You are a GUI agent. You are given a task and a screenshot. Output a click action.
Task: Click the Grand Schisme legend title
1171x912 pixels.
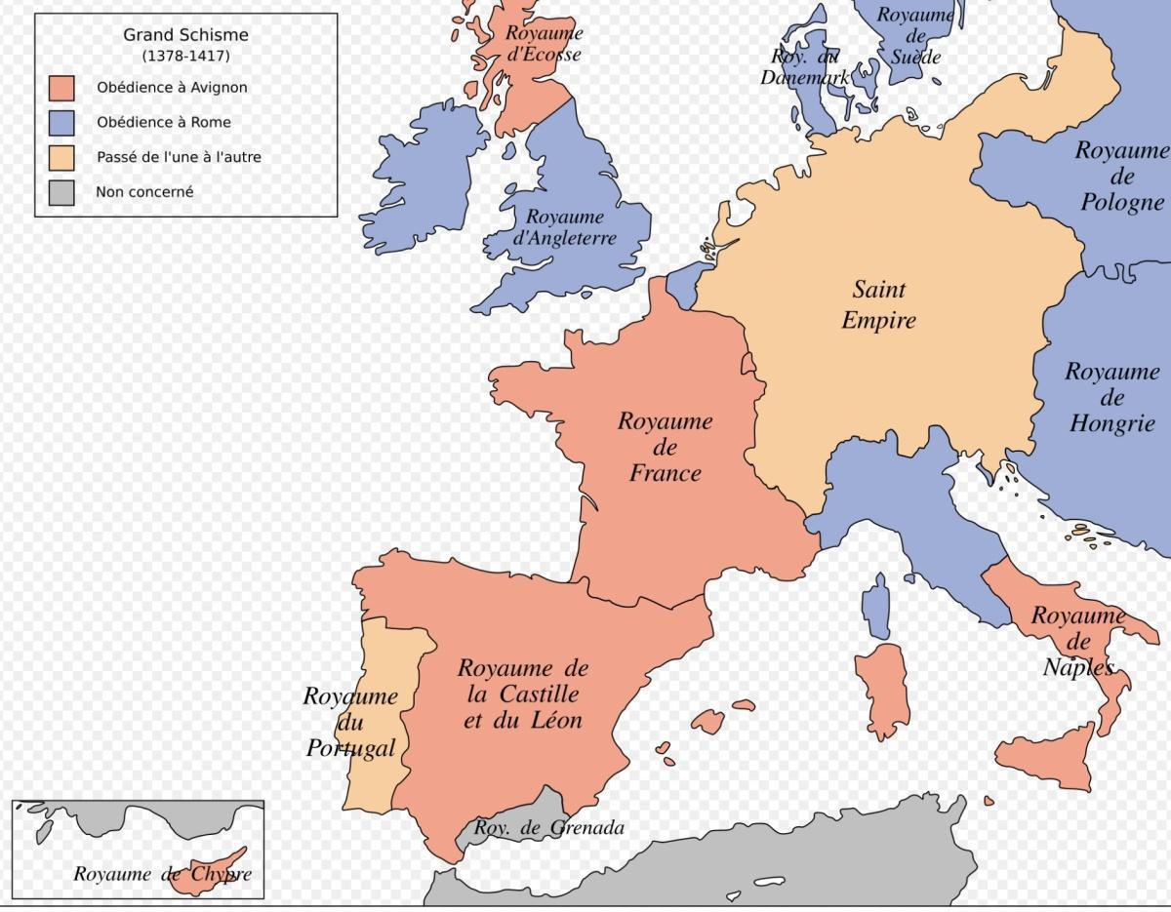tap(185, 35)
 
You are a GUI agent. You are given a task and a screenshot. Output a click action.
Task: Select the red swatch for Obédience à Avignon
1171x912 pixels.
tap(61, 88)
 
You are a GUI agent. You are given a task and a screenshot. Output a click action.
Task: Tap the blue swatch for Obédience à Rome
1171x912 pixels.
tap(61, 123)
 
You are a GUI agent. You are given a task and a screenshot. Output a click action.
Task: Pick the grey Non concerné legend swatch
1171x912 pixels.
tap(61, 192)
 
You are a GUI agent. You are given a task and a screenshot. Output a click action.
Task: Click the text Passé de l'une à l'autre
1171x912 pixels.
tap(179, 157)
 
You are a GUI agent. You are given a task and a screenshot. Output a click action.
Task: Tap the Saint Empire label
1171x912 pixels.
tap(878, 304)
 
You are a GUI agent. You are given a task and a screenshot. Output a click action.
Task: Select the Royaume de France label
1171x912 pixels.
tap(665, 448)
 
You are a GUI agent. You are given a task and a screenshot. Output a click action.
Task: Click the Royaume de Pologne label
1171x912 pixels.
tap(1122, 177)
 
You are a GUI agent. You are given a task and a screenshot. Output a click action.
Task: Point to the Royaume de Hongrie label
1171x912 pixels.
tap(1112, 397)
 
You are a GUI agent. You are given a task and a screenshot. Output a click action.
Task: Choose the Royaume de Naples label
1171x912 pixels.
tap(1077, 641)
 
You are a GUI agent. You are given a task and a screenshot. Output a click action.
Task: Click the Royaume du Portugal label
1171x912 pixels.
tap(350, 722)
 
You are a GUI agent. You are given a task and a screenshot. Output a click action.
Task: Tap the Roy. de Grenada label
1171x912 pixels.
tap(548, 829)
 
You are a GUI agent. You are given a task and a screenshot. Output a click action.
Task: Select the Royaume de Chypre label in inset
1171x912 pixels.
tap(162, 874)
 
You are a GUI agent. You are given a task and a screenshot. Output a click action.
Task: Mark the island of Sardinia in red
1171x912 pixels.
tap(880, 688)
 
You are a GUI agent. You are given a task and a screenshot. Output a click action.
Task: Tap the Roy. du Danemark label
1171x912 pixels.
tap(805, 66)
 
